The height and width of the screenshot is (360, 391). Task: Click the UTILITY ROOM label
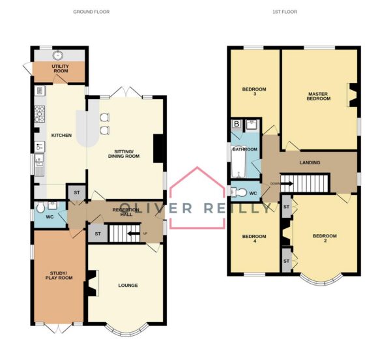[x=60, y=68]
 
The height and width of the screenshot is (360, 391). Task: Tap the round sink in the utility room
[x=58, y=55]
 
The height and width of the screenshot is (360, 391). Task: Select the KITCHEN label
[x=61, y=135]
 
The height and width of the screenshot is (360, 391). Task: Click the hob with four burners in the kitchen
[x=40, y=113]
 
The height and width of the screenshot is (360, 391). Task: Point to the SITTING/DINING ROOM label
[x=124, y=154]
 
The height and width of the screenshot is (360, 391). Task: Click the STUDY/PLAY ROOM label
[x=59, y=275]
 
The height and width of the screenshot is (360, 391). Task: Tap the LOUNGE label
[x=128, y=285]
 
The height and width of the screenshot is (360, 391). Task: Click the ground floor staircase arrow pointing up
[x=134, y=233]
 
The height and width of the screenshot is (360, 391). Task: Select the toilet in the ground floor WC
[x=40, y=207]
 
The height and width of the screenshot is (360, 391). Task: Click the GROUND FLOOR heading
[x=91, y=12]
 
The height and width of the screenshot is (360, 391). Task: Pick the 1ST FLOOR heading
[x=285, y=12]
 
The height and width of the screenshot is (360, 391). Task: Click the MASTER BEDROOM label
[x=319, y=97]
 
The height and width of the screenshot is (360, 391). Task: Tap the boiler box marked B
[x=237, y=124]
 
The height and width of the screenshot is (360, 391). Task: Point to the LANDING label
[x=310, y=162]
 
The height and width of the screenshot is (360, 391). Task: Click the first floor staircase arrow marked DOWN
[x=287, y=184]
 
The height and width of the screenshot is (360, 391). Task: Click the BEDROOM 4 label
[x=254, y=239]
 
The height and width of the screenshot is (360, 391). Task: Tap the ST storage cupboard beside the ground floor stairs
[x=98, y=233]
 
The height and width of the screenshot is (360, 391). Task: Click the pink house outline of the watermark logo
[x=197, y=167]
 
